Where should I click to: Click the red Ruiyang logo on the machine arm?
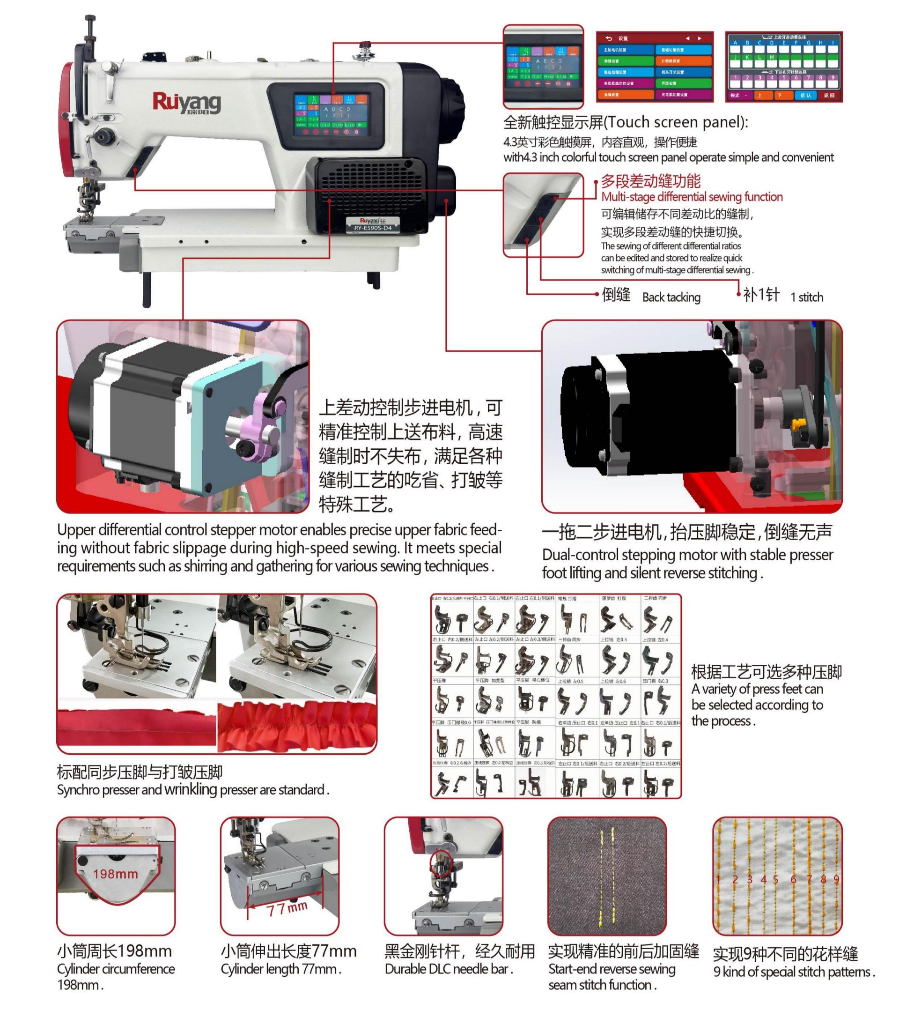(186, 103)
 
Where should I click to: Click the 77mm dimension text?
(287, 908)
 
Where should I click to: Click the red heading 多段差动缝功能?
(650, 181)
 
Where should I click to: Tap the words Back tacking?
(671, 297)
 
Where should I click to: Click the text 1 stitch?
(807, 297)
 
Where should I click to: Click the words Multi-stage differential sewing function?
(692, 197)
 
